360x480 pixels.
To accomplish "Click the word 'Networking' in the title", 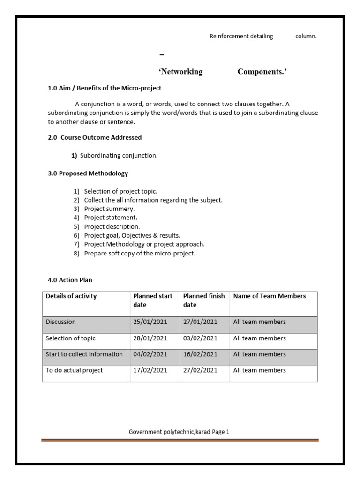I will [x=180, y=72].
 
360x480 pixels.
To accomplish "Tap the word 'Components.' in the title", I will [x=262, y=72].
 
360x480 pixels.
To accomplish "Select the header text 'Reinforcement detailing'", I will [x=241, y=37].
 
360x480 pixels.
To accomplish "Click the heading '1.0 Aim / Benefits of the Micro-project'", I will [x=105, y=88].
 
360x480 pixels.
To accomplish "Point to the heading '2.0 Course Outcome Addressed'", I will [x=95, y=138].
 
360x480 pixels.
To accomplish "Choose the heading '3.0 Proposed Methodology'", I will [x=88, y=173].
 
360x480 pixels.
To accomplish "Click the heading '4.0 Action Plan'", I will [x=70, y=280].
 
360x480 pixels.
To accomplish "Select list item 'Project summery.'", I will [x=109, y=209].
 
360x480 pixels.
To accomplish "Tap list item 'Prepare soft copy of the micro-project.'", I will [x=139, y=254].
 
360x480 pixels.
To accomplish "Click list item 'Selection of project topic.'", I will [x=120, y=191].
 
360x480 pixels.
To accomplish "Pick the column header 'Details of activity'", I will [x=71, y=296].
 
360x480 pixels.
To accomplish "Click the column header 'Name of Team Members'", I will [x=269, y=296].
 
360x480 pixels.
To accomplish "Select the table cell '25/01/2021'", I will [x=150, y=322].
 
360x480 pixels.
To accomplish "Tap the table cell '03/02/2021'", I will [x=200, y=338].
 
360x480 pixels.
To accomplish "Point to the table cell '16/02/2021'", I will [x=200, y=354].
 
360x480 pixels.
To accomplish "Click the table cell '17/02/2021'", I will [x=150, y=370].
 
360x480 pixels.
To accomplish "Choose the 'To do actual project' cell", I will [x=74, y=370].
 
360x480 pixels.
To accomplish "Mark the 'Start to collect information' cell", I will [x=84, y=354].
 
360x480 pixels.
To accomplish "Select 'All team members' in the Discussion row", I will [x=259, y=322].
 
